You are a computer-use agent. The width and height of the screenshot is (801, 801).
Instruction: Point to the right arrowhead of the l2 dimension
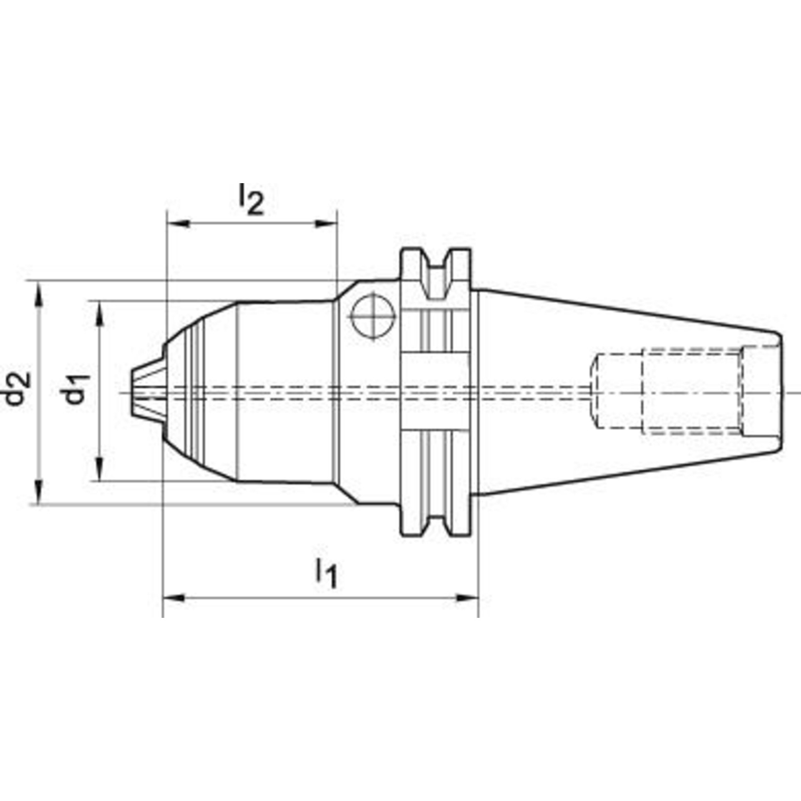(325, 225)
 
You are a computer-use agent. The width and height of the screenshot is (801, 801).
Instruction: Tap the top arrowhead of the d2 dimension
(39, 294)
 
